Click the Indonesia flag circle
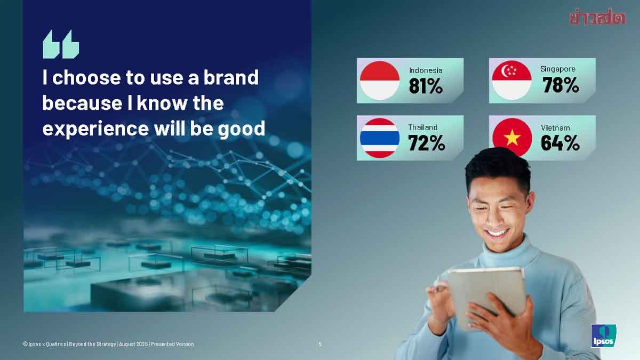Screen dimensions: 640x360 pyautogui.click(x=379, y=81)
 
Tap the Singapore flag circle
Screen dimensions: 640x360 pyautogui.click(x=511, y=81)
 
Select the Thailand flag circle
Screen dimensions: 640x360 pyautogui.click(x=379, y=138)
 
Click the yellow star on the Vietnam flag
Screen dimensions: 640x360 pyautogui.click(x=512, y=138)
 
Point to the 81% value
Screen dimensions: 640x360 pyautogui.click(x=426, y=86)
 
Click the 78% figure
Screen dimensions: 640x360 pyautogui.click(x=561, y=85)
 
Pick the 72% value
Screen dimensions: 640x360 pyautogui.click(x=427, y=143)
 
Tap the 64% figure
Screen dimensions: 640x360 pyautogui.click(x=561, y=143)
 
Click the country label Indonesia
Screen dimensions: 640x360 pyautogui.click(x=426, y=70)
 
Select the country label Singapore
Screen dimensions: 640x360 pyautogui.click(x=558, y=69)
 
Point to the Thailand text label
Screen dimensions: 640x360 pyautogui.click(x=423, y=127)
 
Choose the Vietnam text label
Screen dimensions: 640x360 pyautogui.click(x=555, y=128)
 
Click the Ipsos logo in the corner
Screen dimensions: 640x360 pyautogui.click(x=603, y=335)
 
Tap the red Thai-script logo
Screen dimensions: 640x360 pyautogui.click(x=597, y=18)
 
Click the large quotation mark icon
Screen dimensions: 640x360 pyautogui.click(x=61, y=44)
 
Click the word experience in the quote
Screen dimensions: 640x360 pyautogui.click(x=95, y=129)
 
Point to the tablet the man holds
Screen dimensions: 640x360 pyautogui.click(x=486, y=297)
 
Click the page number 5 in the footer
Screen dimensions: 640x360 pyautogui.click(x=320, y=344)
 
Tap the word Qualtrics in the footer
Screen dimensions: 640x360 pyautogui.click(x=57, y=345)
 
